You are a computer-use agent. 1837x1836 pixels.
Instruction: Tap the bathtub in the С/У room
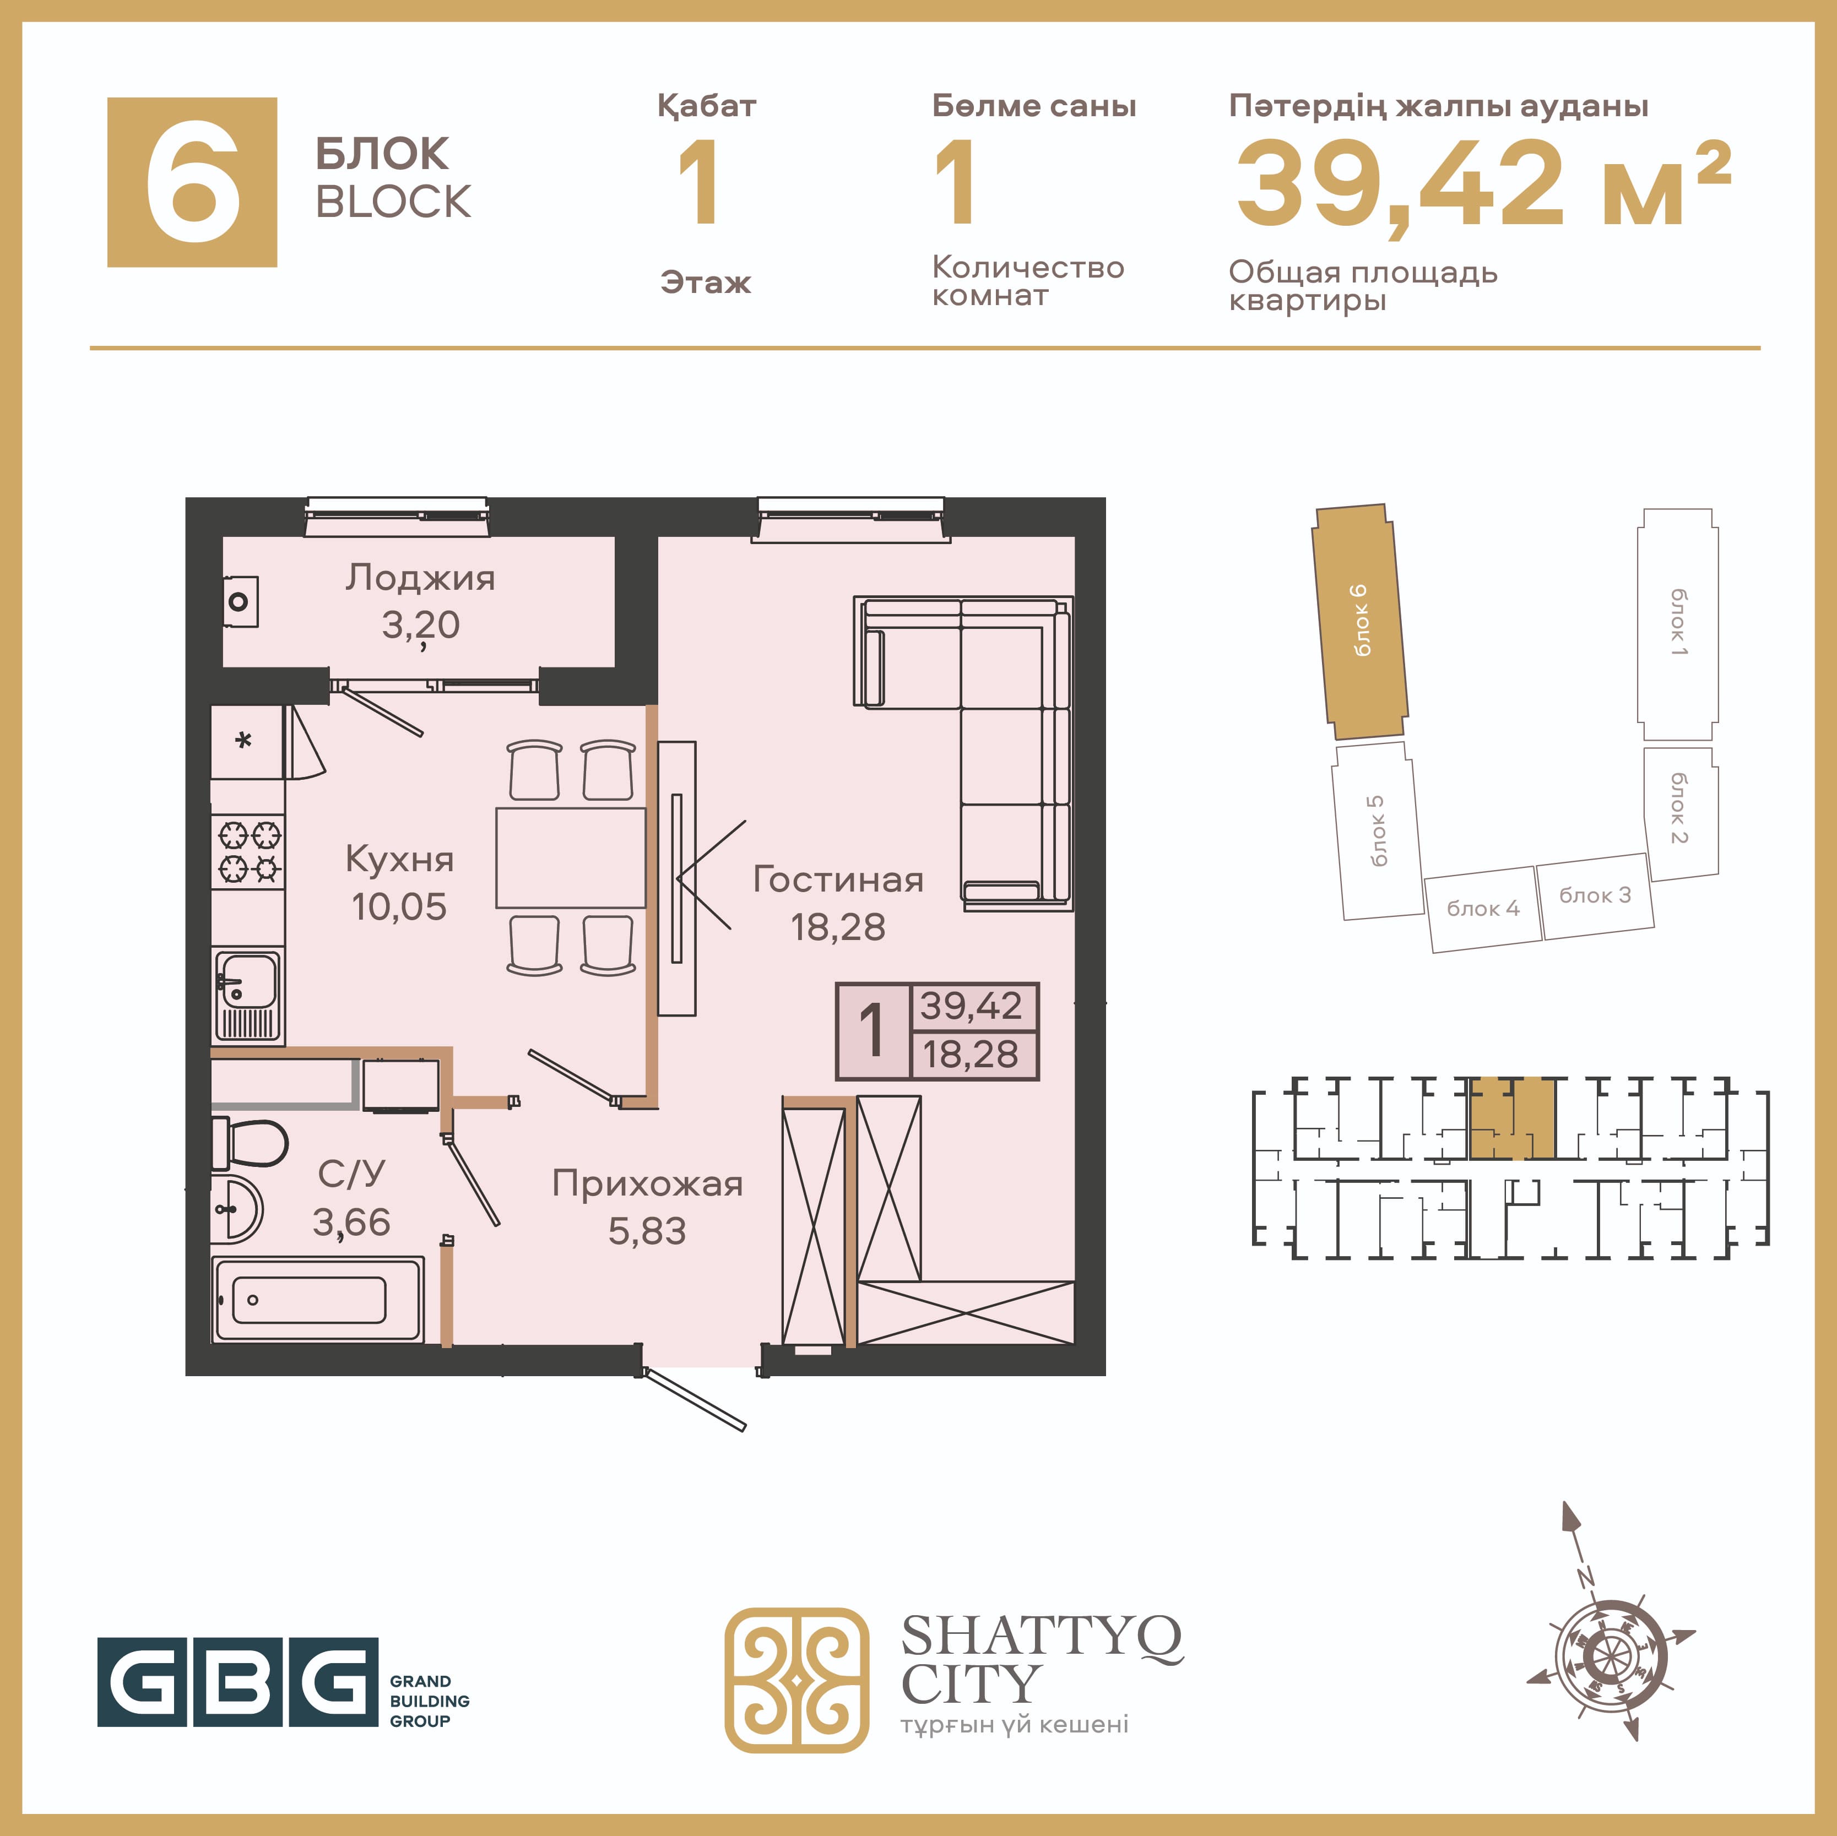pyautogui.click(x=318, y=1299)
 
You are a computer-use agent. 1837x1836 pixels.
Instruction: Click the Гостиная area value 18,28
pyautogui.click(x=838, y=927)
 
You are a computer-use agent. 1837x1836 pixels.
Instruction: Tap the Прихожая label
pyautogui.click(x=648, y=1185)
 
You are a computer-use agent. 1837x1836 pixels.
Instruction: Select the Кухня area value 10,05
pyautogui.click(x=398, y=907)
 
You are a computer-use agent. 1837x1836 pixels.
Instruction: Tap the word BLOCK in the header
pyautogui.click(x=393, y=202)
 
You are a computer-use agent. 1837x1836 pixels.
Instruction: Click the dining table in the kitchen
pyautogui.click(x=571, y=857)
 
